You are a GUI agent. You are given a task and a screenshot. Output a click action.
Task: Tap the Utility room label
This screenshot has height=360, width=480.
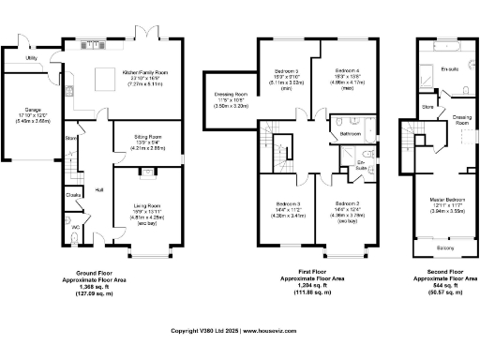31,57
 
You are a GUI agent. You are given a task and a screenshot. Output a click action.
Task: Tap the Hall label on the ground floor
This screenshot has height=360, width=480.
99,189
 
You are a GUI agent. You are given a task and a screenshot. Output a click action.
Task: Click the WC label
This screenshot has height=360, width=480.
74,228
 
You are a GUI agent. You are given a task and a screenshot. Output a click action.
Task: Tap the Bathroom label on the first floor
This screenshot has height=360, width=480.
351,134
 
